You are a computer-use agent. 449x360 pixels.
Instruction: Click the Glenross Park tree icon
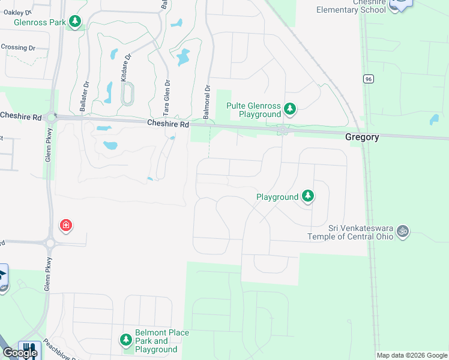coord(75,23)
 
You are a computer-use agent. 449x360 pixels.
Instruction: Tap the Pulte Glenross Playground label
coord(253,110)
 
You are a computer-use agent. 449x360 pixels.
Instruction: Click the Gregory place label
coord(362,137)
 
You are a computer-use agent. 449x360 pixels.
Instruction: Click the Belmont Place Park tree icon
coord(126,340)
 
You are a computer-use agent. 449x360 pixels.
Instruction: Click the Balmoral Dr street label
coord(207,96)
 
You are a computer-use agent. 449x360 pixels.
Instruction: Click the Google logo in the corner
coord(19,353)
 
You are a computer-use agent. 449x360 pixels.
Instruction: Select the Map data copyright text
coord(411,356)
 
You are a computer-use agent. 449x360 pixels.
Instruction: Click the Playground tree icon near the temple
coord(308,196)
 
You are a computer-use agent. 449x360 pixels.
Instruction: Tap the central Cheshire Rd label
coord(168,124)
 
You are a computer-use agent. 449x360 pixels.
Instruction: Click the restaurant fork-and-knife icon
coord(28,350)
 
